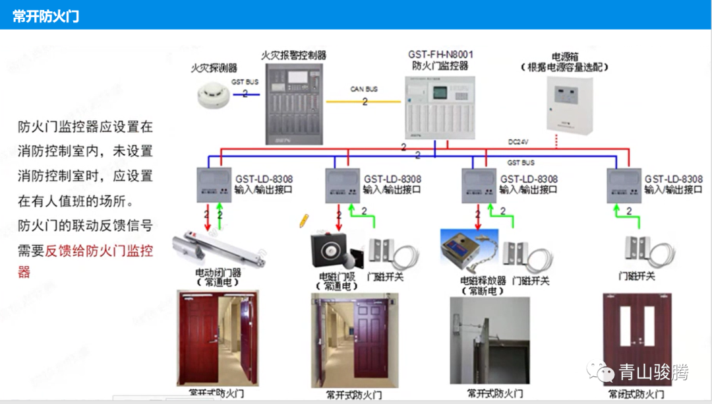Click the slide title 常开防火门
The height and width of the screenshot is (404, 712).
click(x=45, y=17)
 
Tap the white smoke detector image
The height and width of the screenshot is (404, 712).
click(x=212, y=96)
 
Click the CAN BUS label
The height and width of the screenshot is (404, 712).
click(x=364, y=89)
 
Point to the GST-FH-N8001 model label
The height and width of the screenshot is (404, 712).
click(x=440, y=54)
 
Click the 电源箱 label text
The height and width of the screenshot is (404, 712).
click(x=564, y=57)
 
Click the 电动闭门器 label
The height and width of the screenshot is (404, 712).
click(x=218, y=273)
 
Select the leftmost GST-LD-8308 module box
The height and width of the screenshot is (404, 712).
click(x=214, y=185)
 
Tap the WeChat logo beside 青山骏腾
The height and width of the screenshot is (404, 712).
click(x=601, y=373)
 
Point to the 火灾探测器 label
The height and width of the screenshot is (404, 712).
click(x=214, y=68)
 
